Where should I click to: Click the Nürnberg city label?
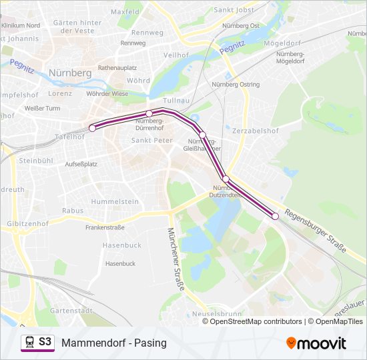click(x=71, y=72)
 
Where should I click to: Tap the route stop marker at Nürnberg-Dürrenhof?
click(x=149, y=113)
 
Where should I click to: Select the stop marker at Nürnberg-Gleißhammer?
click(x=202, y=135)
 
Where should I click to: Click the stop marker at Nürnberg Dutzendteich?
click(x=226, y=179)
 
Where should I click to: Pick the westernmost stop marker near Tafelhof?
click(x=92, y=128)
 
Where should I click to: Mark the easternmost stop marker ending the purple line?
click(x=275, y=216)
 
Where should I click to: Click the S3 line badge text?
click(x=45, y=342)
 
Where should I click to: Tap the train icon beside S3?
click(x=29, y=342)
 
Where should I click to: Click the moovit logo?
click(x=316, y=343)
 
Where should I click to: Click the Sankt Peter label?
click(x=151, y=141)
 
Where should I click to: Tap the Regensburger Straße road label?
click(x=315, y=231)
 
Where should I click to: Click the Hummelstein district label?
click(x=115, y=201)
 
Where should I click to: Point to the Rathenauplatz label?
click(x=117, y=67)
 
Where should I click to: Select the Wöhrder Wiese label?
click(x=107, y=94)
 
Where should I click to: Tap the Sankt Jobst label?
click(x=234, y=10)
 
